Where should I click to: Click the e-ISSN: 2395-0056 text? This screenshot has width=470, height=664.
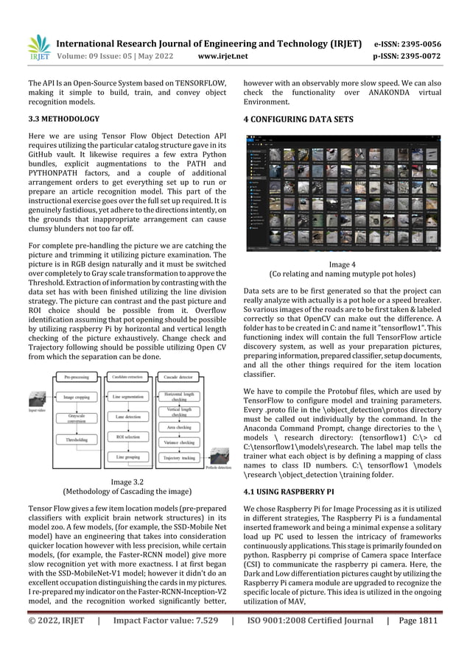418,43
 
